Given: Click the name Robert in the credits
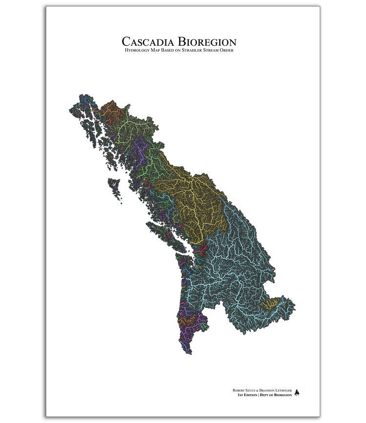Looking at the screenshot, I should [x=238, y=390].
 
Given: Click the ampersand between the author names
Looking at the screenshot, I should [x=257, y=390].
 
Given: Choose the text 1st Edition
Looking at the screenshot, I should [x=247, y=395].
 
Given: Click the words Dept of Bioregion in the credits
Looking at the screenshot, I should [x=276, y=395].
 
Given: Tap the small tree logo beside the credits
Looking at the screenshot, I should [x=297, y=393].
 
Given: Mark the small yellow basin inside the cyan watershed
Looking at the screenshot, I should [x=269, y=304].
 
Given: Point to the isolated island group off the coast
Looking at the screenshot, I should [x=114, y=185].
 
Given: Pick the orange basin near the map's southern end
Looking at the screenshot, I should [x=190, y=320].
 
